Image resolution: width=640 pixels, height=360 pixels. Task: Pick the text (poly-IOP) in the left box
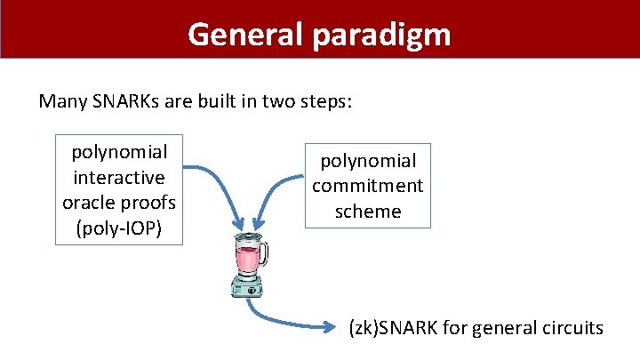tap(119, 228)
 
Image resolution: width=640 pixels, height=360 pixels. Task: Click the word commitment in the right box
tap(368, 186)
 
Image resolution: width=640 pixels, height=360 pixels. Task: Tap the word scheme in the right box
tap(368, 211)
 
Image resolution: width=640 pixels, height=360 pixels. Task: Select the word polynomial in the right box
tap(368, 161)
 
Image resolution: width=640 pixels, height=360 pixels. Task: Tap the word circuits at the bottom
tap(572, 328)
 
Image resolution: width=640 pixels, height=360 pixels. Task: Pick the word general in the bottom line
tap(504, 328)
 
